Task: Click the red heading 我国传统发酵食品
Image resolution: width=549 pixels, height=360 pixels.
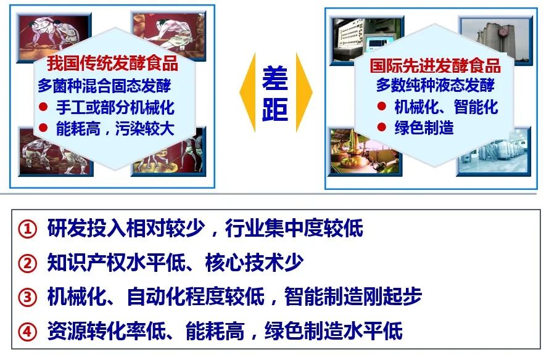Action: [x=112, y=63]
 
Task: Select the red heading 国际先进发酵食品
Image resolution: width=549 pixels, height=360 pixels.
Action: [x=435, y=65]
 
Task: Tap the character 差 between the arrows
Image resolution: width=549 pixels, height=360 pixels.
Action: [x=275, y=78]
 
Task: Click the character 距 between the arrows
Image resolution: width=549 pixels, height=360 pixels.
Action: [x=275, y=109]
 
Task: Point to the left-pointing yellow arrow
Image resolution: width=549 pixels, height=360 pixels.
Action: [x=247, y=92]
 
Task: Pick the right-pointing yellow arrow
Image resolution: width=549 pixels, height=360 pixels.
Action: [x=304, y=92]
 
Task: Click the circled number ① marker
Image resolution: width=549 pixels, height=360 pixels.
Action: [x=27, y=229]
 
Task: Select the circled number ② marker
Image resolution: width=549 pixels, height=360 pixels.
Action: [x=27, y=263]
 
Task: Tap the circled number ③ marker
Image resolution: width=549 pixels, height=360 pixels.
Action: [x=27, y=297]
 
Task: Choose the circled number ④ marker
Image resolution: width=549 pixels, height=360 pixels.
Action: [x=27, y=331]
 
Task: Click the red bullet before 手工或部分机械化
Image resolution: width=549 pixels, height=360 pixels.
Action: [x=43, y=107]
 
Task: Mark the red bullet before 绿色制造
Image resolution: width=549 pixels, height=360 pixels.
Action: [x=382, y=127]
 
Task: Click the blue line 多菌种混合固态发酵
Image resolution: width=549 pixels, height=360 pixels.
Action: [x=104, y=86]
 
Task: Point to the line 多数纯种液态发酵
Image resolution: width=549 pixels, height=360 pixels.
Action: [x=435, y=85]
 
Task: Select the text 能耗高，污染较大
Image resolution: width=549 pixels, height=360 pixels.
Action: [x=115, y=128]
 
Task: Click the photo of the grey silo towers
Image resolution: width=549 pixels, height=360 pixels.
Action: [x=497, y=38]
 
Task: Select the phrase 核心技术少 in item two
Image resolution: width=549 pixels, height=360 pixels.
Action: [x=254, y=263]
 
